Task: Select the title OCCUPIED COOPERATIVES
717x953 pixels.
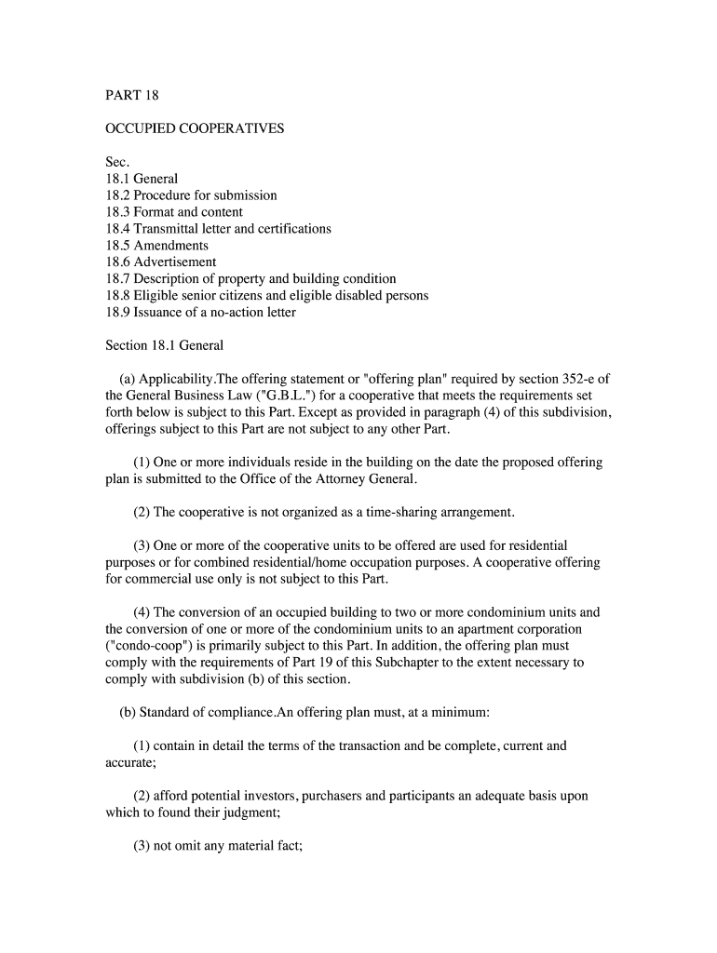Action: coord(195,128)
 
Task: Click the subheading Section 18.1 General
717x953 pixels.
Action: coord(165,346)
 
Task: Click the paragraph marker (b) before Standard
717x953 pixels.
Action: coord(128,713)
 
